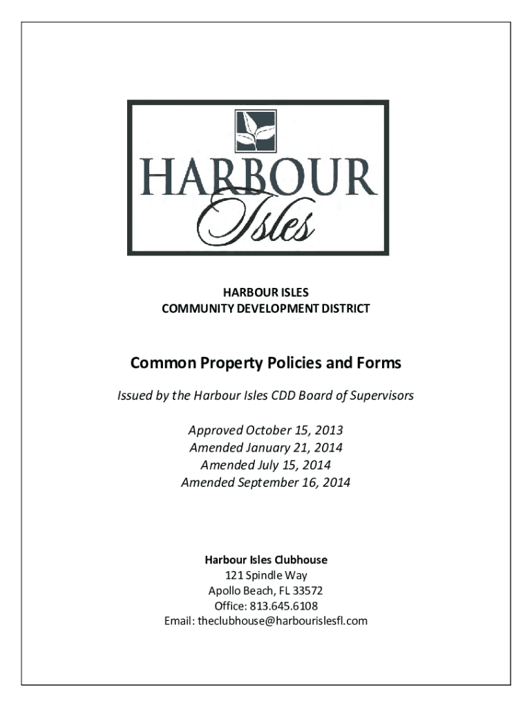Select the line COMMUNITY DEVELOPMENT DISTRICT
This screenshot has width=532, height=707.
tap(265, 309)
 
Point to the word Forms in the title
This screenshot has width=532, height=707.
tap(379, 362)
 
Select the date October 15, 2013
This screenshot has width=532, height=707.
tap(292, 430)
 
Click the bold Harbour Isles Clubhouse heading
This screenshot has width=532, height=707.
tap(265, 559)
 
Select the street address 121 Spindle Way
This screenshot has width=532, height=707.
tap(266, 575)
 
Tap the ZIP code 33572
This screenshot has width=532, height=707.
tap(308, 590)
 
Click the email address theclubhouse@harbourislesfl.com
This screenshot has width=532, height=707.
tap(283, 621)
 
